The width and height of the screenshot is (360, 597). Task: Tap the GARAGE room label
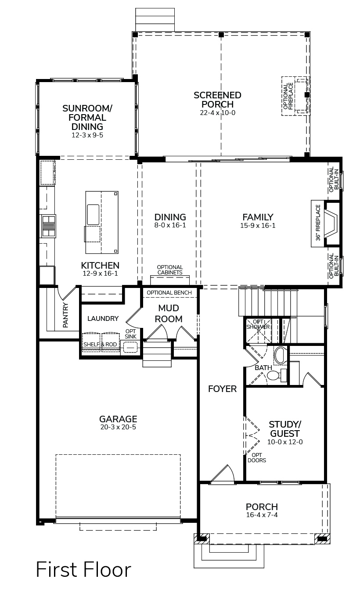(x=118, y=419)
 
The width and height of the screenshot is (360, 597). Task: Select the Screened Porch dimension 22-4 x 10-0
(x=217, y=113)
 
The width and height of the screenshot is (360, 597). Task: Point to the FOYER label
(x=222, y=389)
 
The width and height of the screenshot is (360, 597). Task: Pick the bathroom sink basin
(x=280, y=355)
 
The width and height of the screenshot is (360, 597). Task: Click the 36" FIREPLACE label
(x=318, y=223)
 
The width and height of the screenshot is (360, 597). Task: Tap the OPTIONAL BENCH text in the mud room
(x=169, y=293)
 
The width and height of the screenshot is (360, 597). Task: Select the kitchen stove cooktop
(x=48, y=226)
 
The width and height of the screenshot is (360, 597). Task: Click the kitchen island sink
(x=93, y=215)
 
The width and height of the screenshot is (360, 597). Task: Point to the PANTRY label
(x=65, y=315)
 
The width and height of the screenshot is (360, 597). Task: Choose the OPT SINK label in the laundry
(x=130, y=334)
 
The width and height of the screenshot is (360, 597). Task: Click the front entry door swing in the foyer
(x=223, y=475)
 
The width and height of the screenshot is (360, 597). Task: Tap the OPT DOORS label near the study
(x=257, y=457)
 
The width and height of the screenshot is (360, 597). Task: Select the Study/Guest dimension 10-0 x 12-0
(x=285, y=442)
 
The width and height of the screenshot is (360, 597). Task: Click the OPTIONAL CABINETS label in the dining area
(x=170, y=270)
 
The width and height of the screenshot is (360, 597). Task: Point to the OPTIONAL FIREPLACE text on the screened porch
(x=288, y=96)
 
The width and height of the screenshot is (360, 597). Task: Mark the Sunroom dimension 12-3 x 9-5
(x=87, y=135)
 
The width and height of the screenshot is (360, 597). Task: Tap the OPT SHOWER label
(x=258, y=324)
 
